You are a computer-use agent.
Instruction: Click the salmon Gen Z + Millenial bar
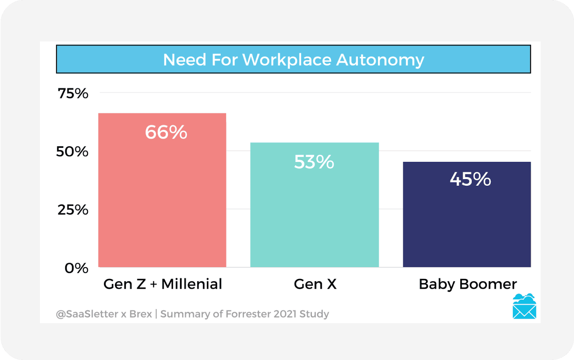162,200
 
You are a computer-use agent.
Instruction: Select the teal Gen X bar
314,215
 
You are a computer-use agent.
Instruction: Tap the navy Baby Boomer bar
466,223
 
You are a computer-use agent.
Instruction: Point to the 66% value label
166,132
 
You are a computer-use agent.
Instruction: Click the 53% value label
314,162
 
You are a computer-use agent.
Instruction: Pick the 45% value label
470,179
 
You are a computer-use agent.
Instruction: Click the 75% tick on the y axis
73,93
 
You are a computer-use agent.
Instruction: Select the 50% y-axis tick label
72,152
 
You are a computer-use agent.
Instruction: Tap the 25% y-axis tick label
73,210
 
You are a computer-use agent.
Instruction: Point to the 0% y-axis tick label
76,268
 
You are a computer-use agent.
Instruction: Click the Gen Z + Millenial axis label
163,284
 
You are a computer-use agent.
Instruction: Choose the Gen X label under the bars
315,284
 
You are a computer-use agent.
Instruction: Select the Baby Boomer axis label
468,284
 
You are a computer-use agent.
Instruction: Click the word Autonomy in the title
380,60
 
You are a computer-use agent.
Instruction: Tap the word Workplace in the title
287,60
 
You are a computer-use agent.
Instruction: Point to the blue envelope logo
524,307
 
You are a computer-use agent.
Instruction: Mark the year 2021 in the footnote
285,314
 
